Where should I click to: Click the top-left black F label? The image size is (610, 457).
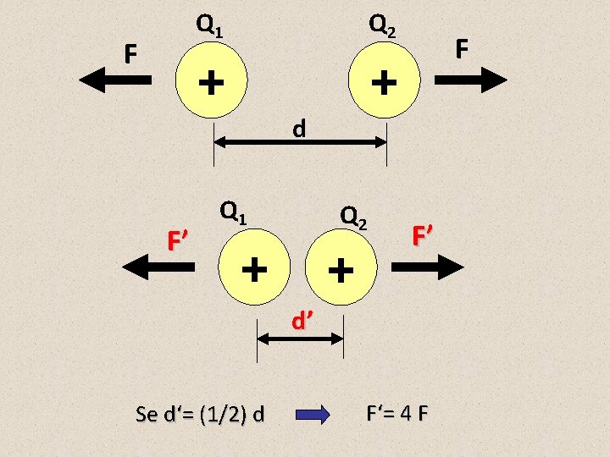coord(129,54)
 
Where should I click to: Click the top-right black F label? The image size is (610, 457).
coord(461,48)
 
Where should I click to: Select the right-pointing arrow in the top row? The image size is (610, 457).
coord(470,81)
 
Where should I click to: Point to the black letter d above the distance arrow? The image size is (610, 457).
coord(298,129)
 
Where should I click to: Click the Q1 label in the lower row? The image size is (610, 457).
coord(233,210)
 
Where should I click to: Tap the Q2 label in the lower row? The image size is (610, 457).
coord(354,217)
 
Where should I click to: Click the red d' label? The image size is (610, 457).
coord(302,321)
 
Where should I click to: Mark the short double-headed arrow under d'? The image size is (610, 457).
coord(300,339)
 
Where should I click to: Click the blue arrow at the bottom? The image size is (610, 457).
coord(313,415)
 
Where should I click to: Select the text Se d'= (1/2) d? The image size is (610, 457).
coord(200,415)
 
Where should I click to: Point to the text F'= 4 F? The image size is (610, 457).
coord(396,414)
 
